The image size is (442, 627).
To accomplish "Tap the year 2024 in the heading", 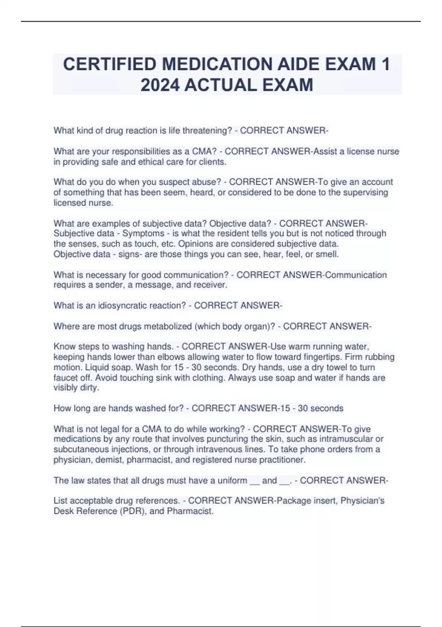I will coord(160,85).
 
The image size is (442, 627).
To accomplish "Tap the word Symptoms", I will coord(143,233).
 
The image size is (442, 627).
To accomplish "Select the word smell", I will coord(327,254).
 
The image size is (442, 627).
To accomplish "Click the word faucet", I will coord(65,378).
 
